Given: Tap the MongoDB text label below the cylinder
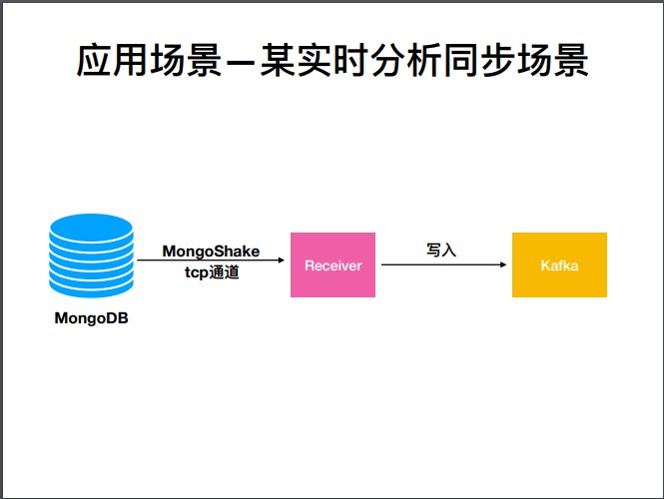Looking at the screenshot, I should tap(91, 319).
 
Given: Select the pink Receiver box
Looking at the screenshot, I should tap(332, 264).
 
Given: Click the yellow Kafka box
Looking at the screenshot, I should tap(559, 264).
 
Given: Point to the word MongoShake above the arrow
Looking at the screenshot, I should tap(211, 251).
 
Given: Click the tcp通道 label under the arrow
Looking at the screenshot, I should tap(212, 272).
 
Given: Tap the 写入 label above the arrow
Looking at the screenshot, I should tap(441, 250).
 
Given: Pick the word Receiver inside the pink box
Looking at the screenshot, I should tap(332, 265).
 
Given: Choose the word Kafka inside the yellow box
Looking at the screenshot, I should tap(559, 265).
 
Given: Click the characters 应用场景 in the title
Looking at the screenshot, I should tap(144, 62).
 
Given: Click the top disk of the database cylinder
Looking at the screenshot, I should tap(91, 229).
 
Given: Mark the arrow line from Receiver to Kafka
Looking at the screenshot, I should tap(439, 264).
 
